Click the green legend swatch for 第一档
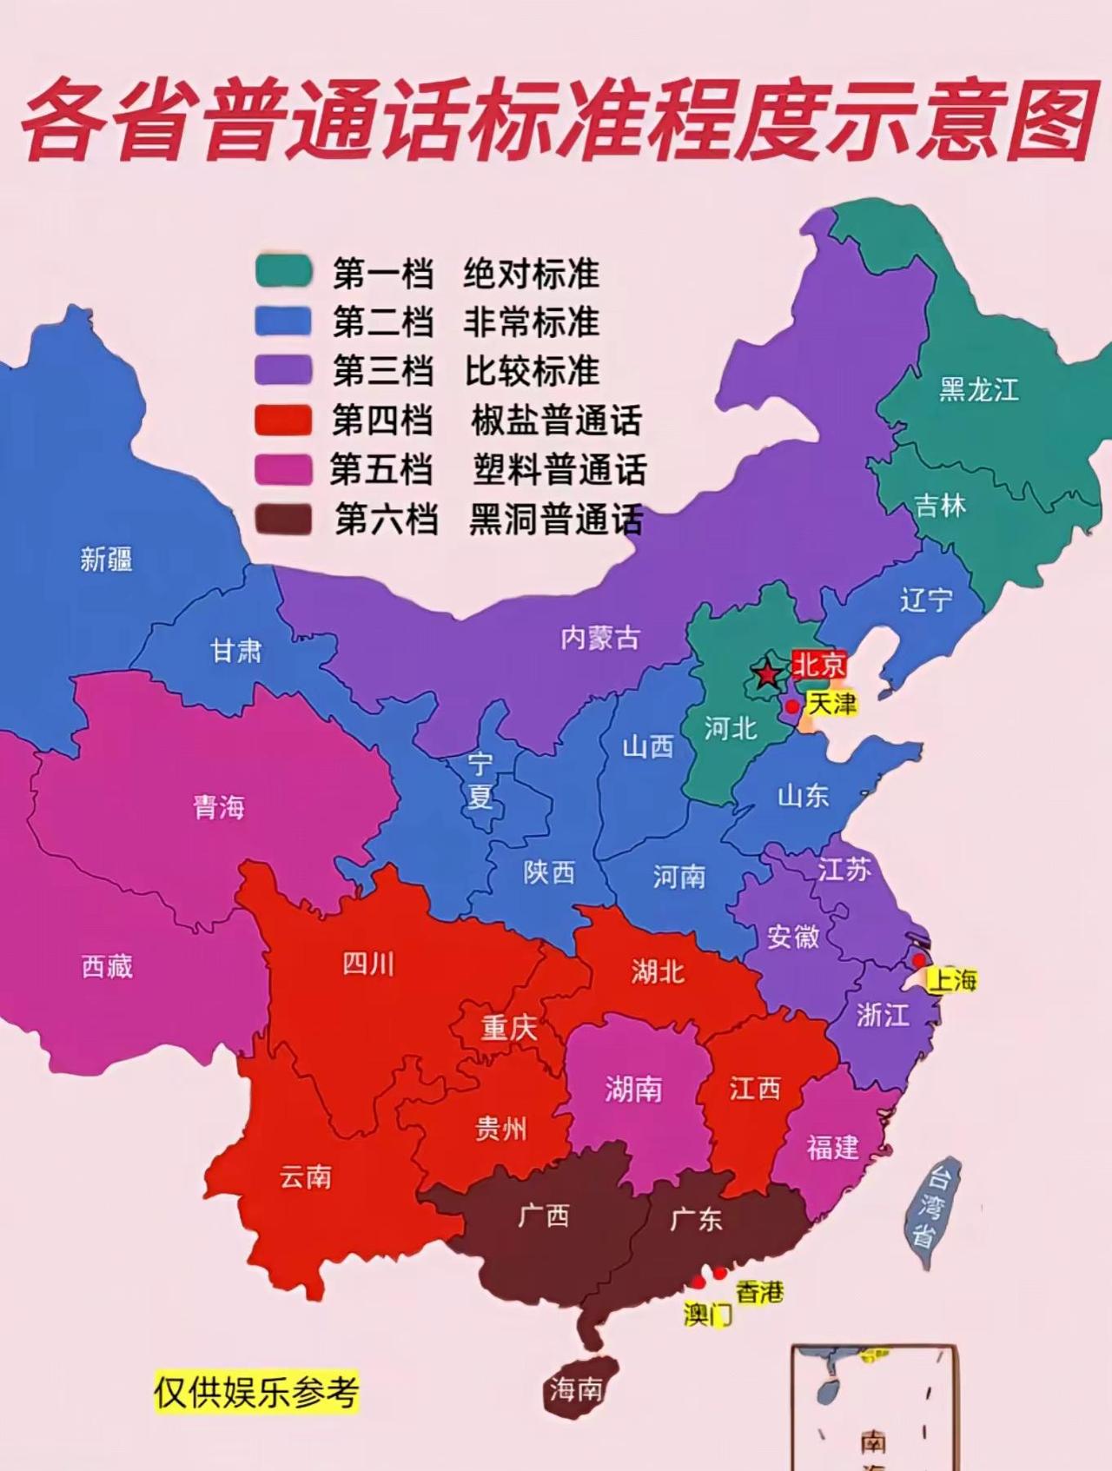(283, 271)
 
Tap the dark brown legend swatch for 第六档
(283, 520)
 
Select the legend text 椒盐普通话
(556, 421)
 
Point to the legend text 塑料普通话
(559, 470)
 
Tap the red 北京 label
(818, 666)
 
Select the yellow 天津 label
(832, 703)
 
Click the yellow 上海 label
(953, 981)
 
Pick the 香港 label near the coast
(760, 1292)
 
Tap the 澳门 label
(708, 1314)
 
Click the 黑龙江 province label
(978, 390)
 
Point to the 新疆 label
(106, 560)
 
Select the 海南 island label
(575, 1390)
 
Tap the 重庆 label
(509, 1029)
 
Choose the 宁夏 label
(480, 780)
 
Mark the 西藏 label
(107, 966)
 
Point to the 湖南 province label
(633, 1089)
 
